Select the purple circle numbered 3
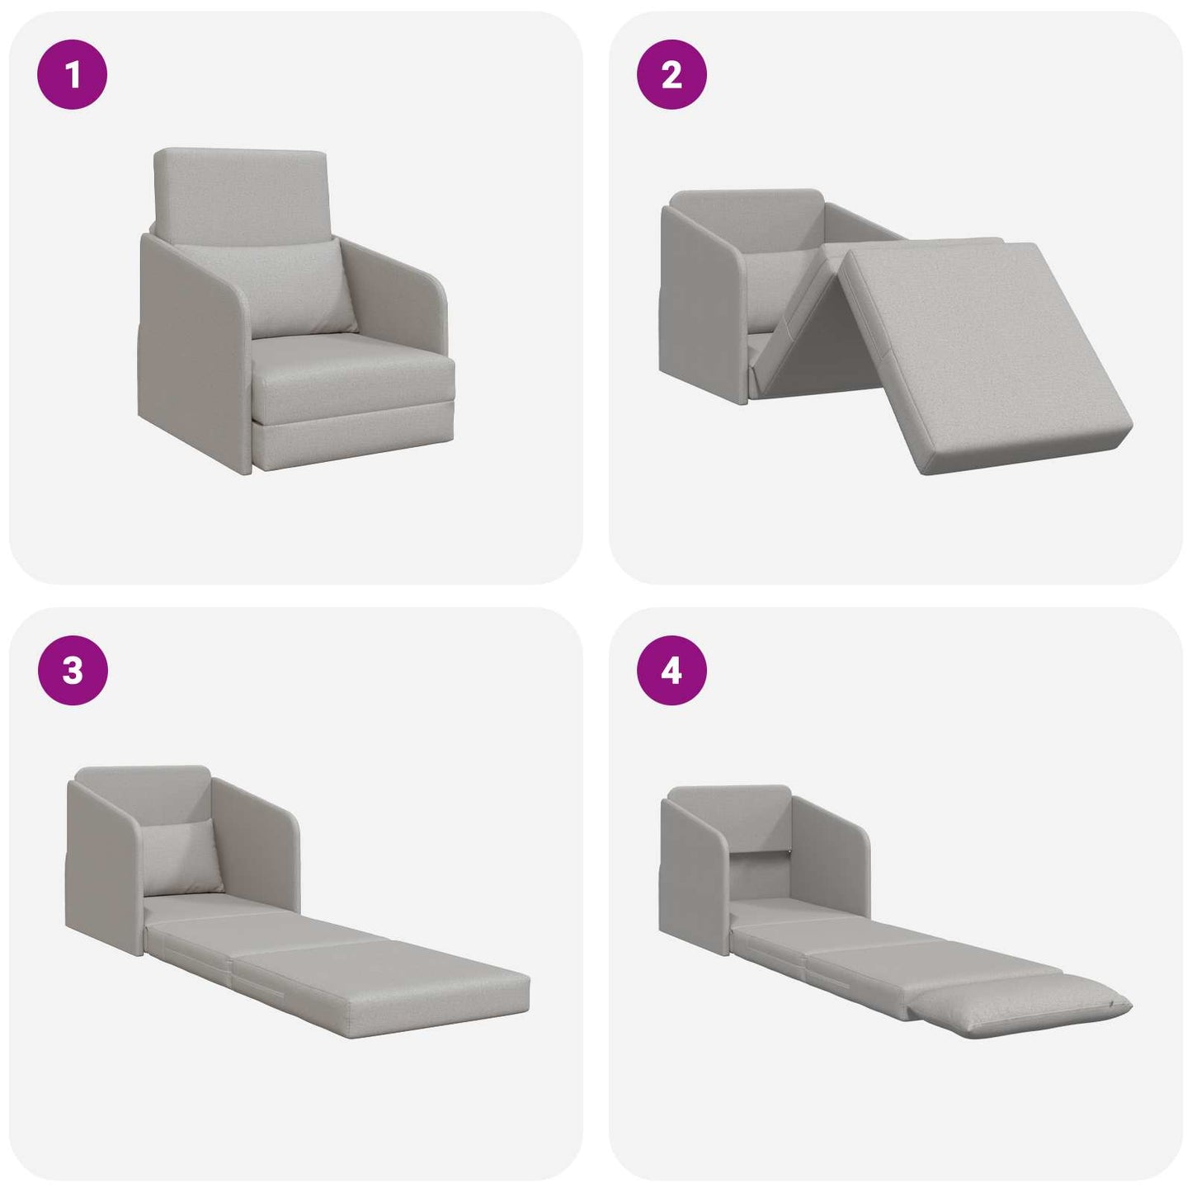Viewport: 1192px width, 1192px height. (73, 670)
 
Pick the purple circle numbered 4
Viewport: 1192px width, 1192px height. (671, 670)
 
